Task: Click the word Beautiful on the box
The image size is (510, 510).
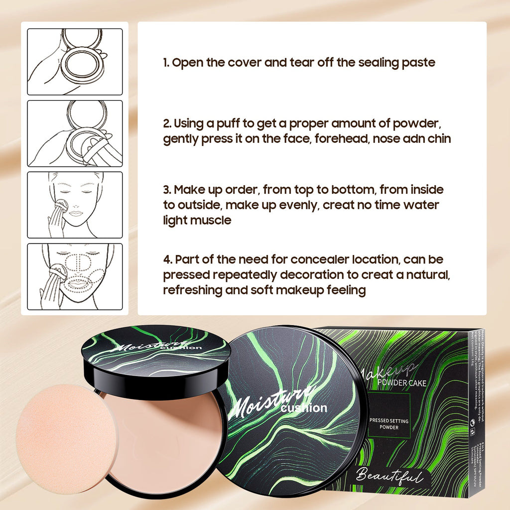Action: point(389,475)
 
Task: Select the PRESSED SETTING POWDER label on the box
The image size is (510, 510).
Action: point(389,424)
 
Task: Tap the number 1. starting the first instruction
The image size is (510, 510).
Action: point(167,62)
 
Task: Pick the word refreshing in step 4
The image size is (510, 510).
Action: point(193,290)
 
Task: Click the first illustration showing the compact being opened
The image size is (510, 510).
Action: point(75,62)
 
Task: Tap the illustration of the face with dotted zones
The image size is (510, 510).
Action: point(75,276)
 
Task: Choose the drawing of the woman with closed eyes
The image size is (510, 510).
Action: point(75,205)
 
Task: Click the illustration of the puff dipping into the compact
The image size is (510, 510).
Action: point(75,133)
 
